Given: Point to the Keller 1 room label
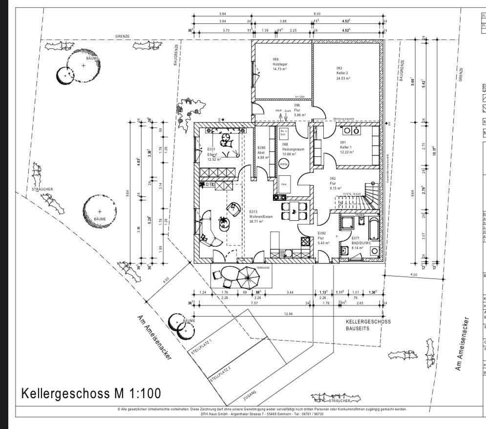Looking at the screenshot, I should pos(347,147).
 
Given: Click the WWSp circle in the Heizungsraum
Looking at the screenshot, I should pos(284,164).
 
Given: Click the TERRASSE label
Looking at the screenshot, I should pos(263,268).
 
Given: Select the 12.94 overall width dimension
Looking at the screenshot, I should pos(287,314).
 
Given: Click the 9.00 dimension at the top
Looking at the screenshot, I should pos(317,14).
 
